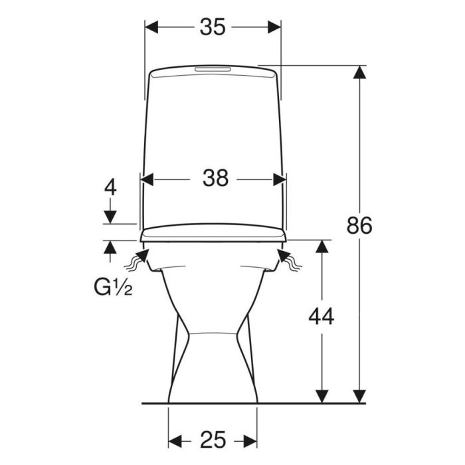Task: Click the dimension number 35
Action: tap(213, 27)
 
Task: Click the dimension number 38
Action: tap(216, 178)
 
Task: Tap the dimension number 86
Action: tap(359, 225)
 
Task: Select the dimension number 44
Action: tap(321, 316)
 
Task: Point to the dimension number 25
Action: tap(213, 440)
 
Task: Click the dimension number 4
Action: tap(110, 187)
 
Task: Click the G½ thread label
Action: tap(113, 287)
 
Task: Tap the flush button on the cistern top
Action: tap(212, 69)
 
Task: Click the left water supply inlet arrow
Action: tap(137, 260)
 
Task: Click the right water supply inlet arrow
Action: tap(290, 260)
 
